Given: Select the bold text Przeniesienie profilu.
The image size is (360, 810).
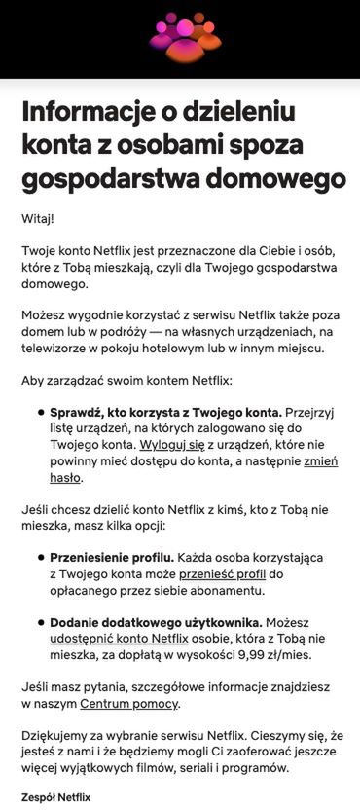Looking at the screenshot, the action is pos(112,557).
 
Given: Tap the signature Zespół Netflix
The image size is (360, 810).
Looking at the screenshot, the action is pos(55,797).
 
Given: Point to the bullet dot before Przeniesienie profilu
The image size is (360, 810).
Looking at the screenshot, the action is pos(40,557).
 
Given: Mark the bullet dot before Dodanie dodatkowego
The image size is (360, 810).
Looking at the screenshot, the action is pos(40,621).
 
